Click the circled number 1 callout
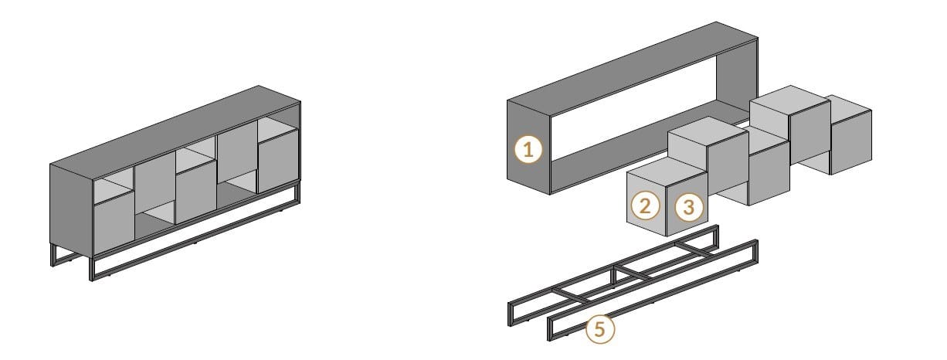528,150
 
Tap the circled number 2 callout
645,205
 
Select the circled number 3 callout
689,207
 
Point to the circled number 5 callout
600,328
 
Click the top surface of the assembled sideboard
175,132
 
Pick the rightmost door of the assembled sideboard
279,161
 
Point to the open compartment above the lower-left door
114,190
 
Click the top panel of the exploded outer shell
633,68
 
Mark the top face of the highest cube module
789,100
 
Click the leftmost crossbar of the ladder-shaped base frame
570,295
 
